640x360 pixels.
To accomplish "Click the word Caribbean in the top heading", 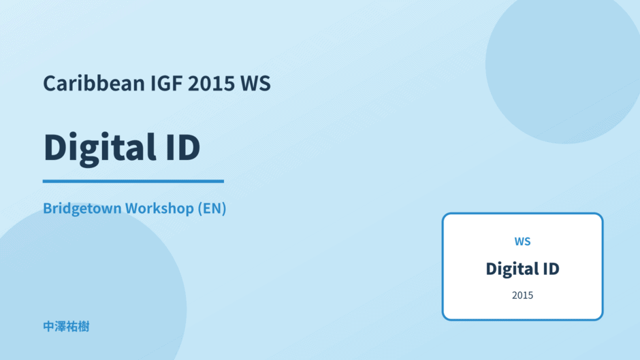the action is tap(94, 83).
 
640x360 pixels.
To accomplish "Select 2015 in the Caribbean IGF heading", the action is tap(212, 83).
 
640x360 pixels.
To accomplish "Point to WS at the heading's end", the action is tap(255, 83).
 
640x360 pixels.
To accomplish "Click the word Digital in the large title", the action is tap(99, 148).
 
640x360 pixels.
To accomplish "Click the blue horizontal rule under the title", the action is tap(133, 181).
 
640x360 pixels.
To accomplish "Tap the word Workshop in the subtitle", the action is tap(159, 208).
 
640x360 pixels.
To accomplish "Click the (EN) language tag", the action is tap(212, 208).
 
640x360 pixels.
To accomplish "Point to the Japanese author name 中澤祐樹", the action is tap(66, 327).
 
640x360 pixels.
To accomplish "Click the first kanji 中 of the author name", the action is tap(49, 327).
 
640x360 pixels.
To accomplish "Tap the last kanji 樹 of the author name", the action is tap(84, 327).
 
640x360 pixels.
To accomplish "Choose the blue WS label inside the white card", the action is tap(522, 242).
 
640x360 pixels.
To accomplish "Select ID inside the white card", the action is tap(551, 269).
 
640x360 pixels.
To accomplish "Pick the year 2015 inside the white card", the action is tap(522, 295).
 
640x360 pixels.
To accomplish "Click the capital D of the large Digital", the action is tap(55, 147).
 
